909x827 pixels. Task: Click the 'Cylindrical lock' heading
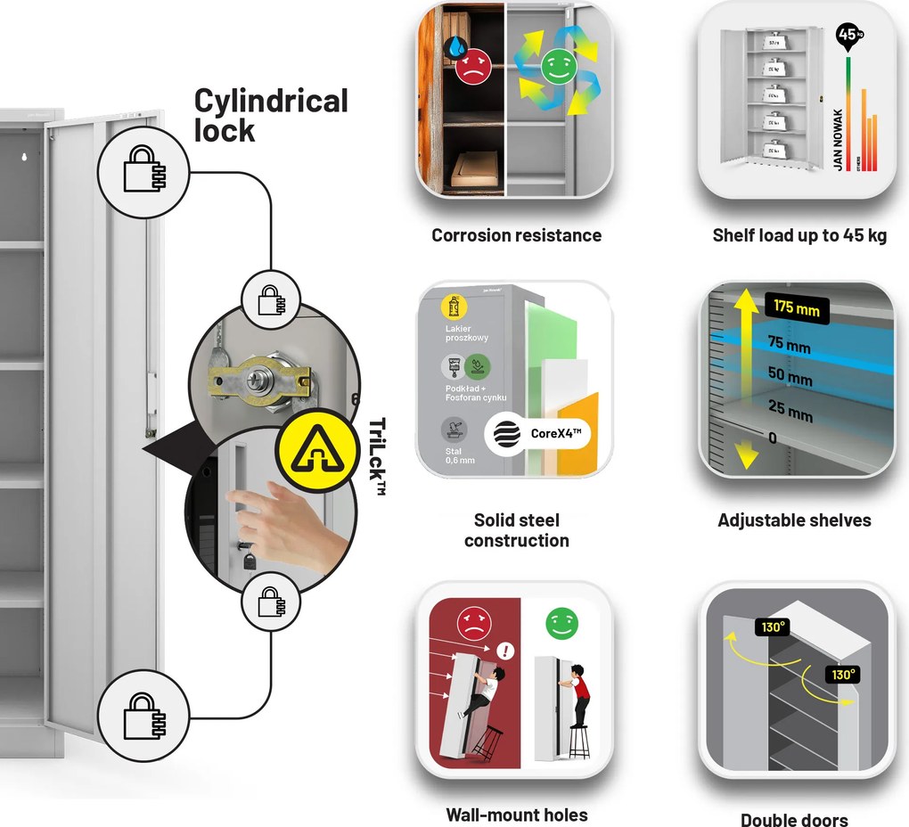(x=271, y=115)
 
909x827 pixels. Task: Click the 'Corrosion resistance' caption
(x=516, y=235)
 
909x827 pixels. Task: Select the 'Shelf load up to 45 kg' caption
(x=799, y=235)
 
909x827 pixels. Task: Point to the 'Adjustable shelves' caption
(x=794, y=520)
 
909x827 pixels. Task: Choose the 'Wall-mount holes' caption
(x=516, y=815)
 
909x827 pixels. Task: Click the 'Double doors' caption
(x=794, y=820)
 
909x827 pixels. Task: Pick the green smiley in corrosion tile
(x=558, y=68)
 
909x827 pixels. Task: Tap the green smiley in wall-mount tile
(x=561, y=622)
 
